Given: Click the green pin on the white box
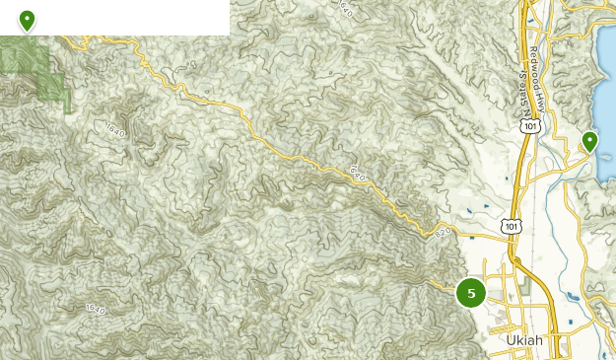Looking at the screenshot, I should tap(27, 20).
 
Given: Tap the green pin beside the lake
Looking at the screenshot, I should tap(589, 142).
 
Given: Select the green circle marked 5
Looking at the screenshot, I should tap(471, 293).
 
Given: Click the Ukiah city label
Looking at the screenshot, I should tap(523, 341).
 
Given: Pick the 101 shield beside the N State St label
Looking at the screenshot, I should tap(531, 126).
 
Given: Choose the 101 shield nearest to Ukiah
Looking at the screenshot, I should tap(511, 226).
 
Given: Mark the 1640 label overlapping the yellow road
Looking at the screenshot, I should tap(357, 172).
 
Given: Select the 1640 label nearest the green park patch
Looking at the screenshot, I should tap(112, 129).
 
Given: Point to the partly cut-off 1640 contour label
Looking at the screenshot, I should tap(344, 8).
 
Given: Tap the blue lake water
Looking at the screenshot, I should tap(605, 99).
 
